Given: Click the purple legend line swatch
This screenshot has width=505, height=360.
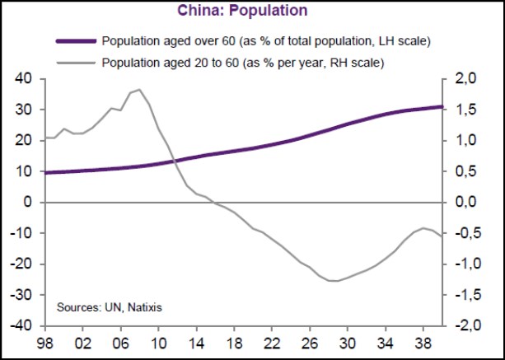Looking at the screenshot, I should (x=76, y=40).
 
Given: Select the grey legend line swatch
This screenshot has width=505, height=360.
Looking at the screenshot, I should (x=76, y=61).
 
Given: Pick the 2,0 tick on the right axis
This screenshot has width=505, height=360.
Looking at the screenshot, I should (x=470, y=79).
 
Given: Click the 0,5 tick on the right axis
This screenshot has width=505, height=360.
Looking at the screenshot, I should (x=470, y=171).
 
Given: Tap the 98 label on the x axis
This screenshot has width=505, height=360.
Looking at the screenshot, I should (x=44, y=340).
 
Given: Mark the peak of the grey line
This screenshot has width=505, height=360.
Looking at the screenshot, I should (x=139, y=89).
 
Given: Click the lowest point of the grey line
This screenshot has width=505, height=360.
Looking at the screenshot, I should (x=334, y=281).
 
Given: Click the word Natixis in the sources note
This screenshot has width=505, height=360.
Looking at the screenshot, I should (x=143, y=307).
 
